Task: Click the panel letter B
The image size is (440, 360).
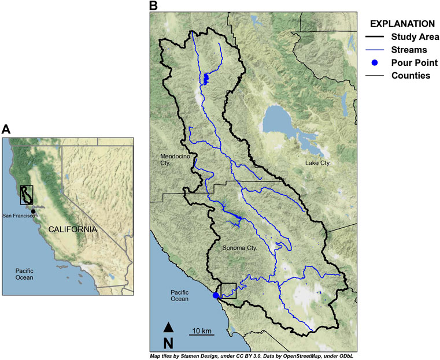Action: [154, 6]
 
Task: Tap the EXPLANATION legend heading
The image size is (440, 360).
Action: [402, 24]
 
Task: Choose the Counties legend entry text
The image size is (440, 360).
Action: [411, 76]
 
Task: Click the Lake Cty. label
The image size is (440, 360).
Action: [317, 164]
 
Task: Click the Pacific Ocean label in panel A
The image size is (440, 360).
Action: [23, 273]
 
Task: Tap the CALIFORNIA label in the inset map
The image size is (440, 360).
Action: [72, 229]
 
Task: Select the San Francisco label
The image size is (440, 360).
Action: [19, 216]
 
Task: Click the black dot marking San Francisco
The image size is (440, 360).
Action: [34, 211]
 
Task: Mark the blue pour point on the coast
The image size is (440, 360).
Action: [216, 295]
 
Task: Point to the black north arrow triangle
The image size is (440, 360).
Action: [168, 326]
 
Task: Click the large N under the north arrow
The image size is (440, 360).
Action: [168, 342]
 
